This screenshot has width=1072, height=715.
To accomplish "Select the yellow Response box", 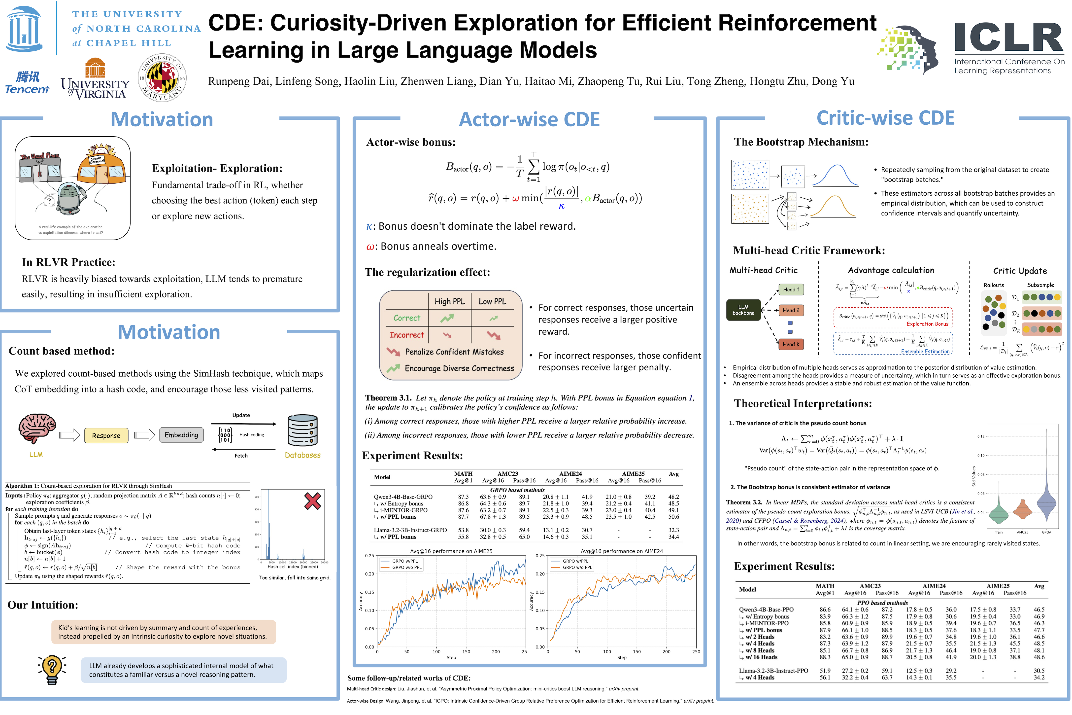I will coord(106,435).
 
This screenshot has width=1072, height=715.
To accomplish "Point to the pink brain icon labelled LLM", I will coord(36,429).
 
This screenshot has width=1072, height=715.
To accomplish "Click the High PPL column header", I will coord(449,301).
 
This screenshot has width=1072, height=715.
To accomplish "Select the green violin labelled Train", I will coord(999,513).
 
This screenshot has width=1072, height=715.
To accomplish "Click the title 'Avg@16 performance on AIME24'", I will coord(622,551).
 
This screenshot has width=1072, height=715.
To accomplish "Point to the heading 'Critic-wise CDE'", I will coord(885,118).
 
